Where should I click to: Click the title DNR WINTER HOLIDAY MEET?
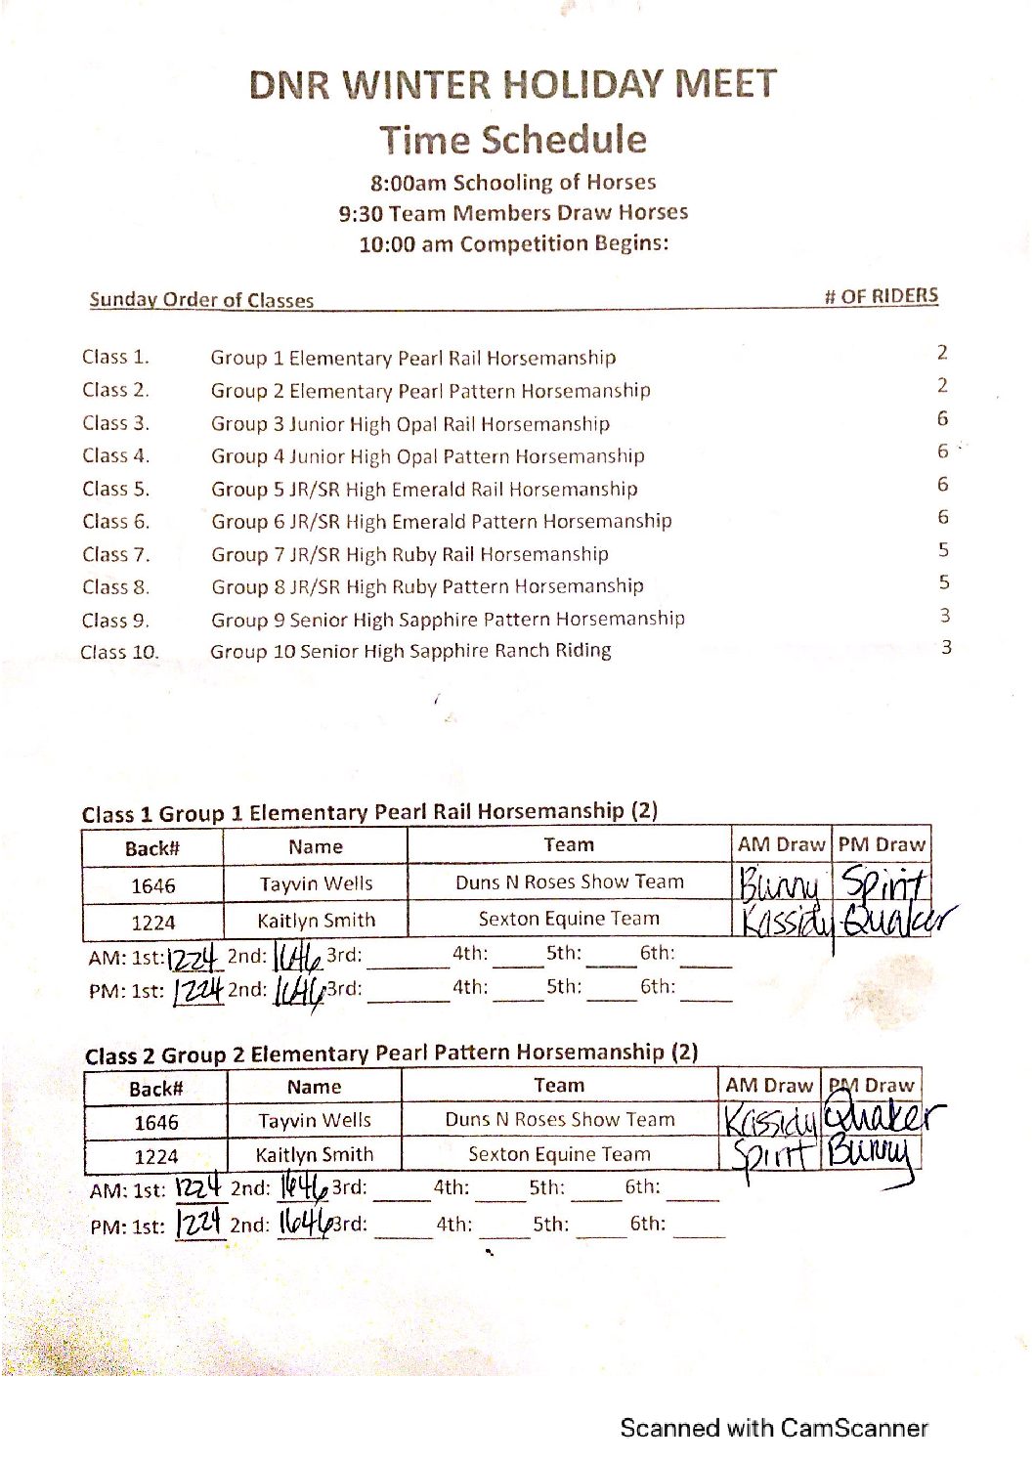[513, 85]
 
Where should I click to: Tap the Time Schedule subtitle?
[513, 140]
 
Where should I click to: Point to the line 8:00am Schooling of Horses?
[513, 183]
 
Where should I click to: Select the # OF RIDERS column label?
[881, 296]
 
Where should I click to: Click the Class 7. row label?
[116, 555]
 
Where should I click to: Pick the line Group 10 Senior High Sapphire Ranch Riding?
[410, 651]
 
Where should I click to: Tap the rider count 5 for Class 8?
[944, 582]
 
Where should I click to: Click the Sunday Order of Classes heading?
[201, 300]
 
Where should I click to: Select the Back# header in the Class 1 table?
[152, 848]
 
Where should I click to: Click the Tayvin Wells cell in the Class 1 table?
[316, 884]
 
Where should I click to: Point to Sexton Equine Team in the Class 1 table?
[569, 919]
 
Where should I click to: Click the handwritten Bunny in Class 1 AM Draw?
[778, 885]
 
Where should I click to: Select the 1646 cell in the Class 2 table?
[156, 1123]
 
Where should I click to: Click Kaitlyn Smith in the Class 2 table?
[314, 1155]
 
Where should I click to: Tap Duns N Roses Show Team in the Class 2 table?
[560, 1120]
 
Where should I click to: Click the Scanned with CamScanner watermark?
[773, 1429]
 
